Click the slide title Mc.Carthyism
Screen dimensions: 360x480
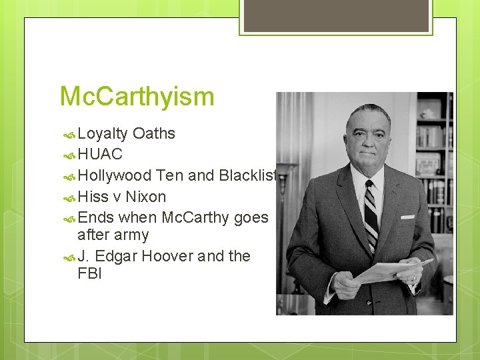pos(137,97)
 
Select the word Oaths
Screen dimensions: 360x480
pos(153,133)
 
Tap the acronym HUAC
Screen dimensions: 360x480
pos(100,155)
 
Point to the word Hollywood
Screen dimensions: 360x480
pos(114,176)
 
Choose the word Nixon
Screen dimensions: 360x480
pos(145,197)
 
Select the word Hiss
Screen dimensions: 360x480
pos(93,197)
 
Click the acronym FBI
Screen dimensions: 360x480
pos(89,273)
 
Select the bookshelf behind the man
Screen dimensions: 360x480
pos(433,153)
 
